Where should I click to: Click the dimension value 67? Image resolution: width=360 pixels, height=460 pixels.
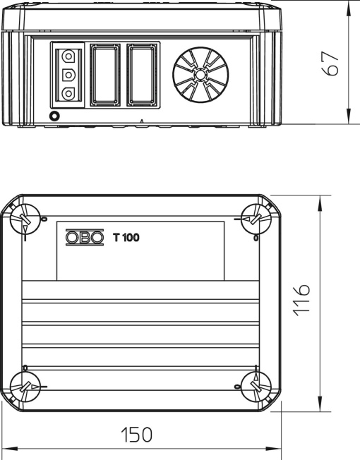[x=330, y=63]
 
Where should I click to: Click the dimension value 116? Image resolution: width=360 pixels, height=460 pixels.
[x=301, y=300]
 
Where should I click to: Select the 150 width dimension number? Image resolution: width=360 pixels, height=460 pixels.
[x=137, y=435]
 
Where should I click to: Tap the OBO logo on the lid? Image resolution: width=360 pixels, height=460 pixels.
[x=85, y=237]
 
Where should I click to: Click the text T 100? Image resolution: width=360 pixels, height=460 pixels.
[x=126, y=237]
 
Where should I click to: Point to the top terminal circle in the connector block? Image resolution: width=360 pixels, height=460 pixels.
[x=68, y=56]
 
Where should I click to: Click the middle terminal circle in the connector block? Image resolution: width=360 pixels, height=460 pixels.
[x=68, y=75]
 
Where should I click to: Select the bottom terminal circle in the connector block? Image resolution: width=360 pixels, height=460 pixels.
[x=68, y=94]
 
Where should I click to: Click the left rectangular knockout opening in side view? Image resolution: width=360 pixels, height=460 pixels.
[x=105, y=75]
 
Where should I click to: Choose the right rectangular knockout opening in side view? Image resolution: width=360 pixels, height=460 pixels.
[x=143, y=75]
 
